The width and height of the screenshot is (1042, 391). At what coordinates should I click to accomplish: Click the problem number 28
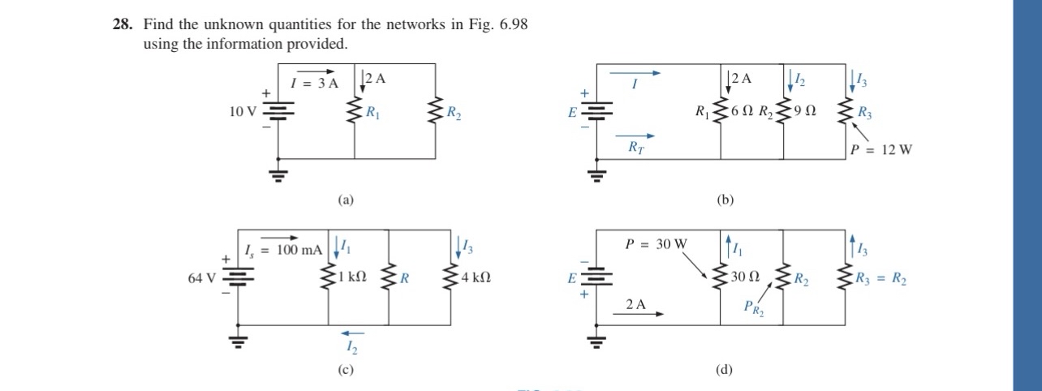point(123,24)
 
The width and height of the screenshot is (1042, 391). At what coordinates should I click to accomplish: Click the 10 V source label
point(243,112)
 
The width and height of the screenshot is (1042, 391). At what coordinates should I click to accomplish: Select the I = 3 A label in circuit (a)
point(314,84)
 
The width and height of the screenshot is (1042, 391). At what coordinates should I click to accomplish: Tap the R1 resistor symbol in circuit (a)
point(355,110)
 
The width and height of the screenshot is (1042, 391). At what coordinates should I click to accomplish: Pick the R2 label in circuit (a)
point(454,113)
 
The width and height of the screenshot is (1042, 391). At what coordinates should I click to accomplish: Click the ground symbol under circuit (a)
point(278,176)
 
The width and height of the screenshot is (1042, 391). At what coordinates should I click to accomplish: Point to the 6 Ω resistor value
point(742,110)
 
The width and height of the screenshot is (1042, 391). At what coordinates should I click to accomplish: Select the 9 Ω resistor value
point(805,110)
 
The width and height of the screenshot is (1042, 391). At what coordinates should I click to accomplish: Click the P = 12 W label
point(881,150)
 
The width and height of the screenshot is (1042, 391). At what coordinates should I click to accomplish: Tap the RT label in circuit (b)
point(636,148)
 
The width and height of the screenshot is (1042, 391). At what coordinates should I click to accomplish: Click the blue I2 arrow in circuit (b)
point(790,81)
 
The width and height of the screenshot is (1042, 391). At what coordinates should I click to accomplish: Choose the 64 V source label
point(202,278)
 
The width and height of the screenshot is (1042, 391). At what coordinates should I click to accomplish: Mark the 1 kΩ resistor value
point(352,277)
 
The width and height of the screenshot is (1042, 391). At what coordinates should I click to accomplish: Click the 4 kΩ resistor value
point(476,277)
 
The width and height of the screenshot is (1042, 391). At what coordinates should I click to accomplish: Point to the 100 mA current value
point(299,250)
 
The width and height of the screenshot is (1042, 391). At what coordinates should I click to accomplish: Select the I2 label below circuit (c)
point(351,347)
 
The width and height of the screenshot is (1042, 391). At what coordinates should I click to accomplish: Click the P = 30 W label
point(656,244)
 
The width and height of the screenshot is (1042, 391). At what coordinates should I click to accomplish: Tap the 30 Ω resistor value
point(745,277)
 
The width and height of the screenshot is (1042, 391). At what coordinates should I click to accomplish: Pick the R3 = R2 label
point(881,279)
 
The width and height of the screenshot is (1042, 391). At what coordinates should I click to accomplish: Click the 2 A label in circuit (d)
point(635,304)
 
